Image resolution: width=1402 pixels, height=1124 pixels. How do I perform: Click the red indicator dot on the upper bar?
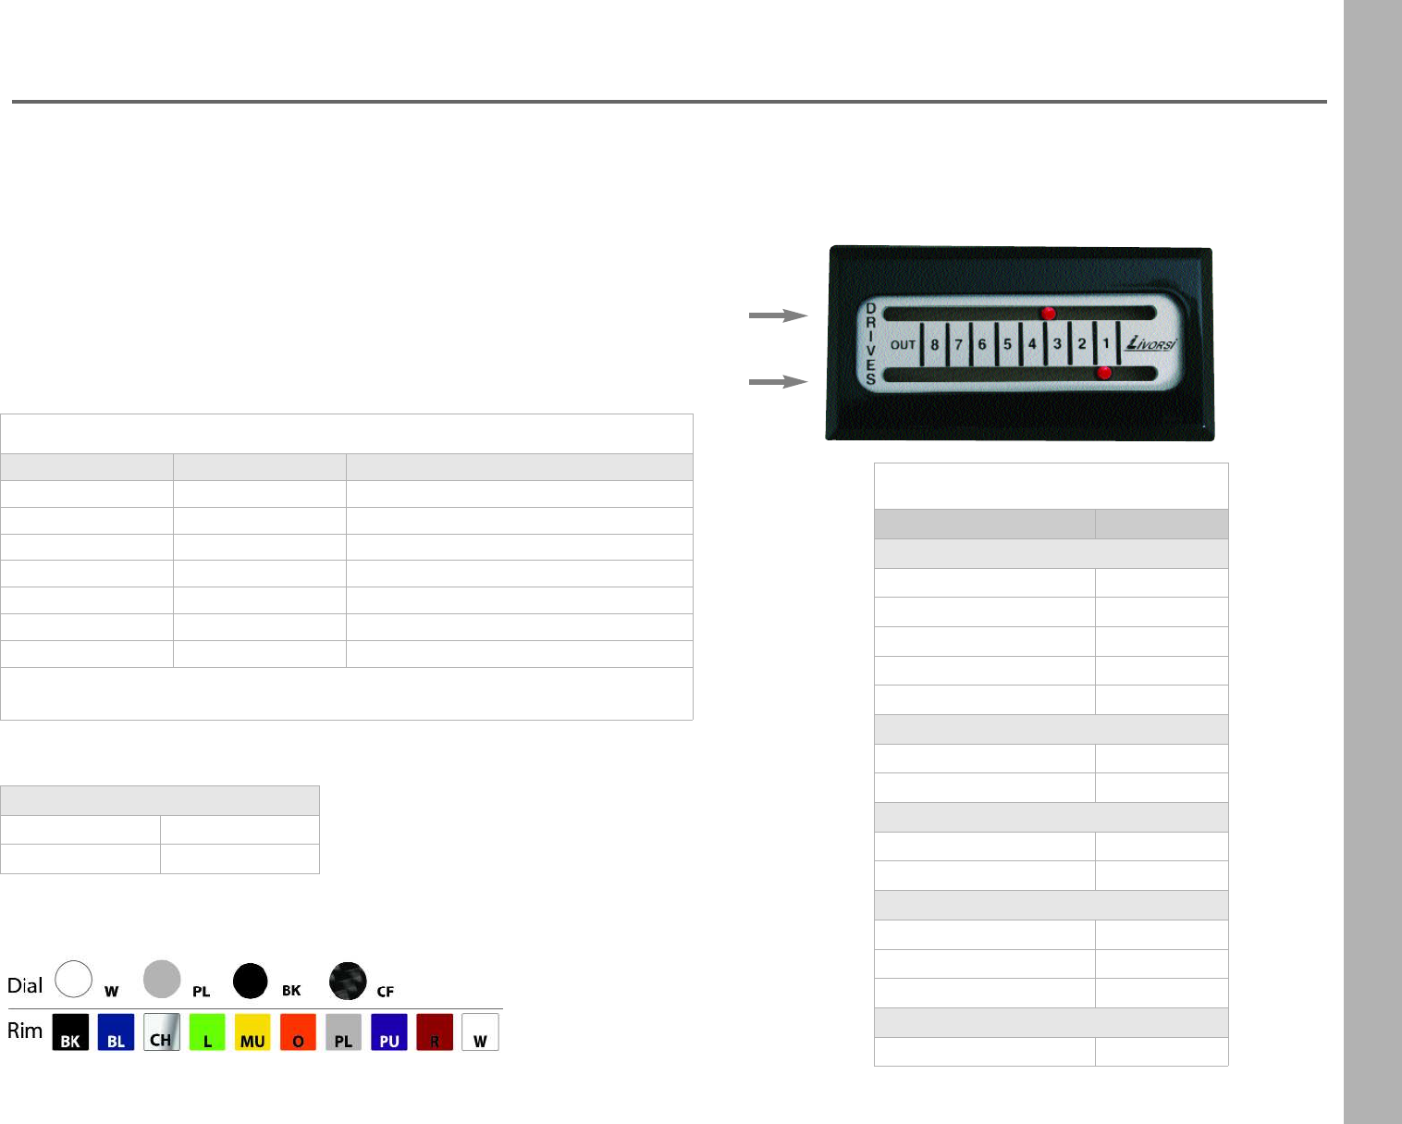tap(1048, 314)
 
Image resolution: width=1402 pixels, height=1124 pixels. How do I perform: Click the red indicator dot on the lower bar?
tap(1104, 373)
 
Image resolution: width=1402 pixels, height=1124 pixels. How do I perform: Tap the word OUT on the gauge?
tap(903, 345)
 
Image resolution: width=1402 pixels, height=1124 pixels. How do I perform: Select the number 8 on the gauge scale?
tap(935, 345)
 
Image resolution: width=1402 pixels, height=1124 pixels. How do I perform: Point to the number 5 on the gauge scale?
tap(1007, 344)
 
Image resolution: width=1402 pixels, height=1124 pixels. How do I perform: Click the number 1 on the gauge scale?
tap(1105, 342)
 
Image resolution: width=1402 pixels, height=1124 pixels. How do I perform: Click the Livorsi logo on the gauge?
tap(1151, 342)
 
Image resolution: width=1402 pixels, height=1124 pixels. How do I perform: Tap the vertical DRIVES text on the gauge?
tap(871, 343)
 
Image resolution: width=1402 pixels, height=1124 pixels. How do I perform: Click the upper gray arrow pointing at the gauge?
tap(779, 315)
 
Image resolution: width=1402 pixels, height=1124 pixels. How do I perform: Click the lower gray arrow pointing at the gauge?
tap(779, 382)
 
